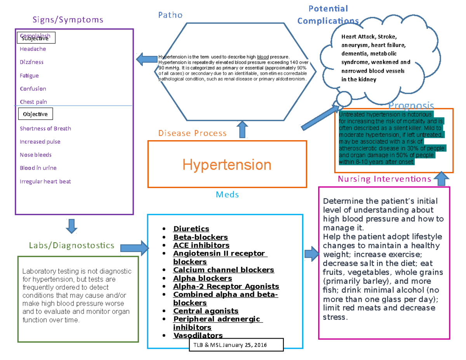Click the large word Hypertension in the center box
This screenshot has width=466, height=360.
(x=227, y=165)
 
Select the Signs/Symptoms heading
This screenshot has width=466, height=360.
(x=68, y=20)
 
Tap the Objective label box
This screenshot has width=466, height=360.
(x=35, y=114)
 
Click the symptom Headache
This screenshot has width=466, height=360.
(x=33, y=49)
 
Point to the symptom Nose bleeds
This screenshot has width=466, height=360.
(x=36, y=155)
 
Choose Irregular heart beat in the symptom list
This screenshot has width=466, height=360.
(x=45, y=181)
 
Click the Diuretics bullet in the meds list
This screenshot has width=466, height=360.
(x=191, y=229)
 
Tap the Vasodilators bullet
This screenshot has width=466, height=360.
(x=198, y=336)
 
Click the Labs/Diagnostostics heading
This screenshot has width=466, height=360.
(x=72, y=245)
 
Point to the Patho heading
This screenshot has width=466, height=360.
(x=170, y=15)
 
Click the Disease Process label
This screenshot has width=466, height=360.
(x=192, y=133)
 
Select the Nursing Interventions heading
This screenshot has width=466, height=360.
(x=384, y=179)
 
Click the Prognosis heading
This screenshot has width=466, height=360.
(x=411, y=106)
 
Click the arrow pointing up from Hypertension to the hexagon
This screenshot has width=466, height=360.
(x=243, y=129)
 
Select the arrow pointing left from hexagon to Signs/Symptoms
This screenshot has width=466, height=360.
(x=146, y=59)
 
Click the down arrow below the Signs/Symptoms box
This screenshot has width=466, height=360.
(x=72, y=226)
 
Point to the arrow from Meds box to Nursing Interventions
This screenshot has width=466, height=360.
(x=311, y=254)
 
